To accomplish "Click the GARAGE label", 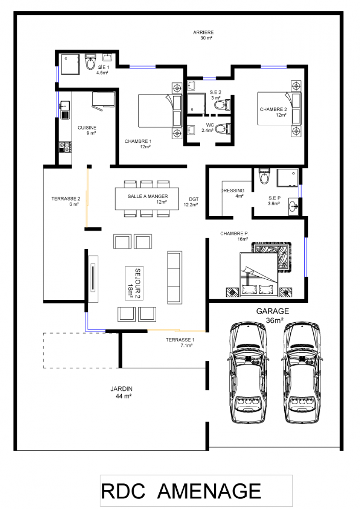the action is pyautogui.click(x=272, y=311).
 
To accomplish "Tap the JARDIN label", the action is pyautogui.click(x=121, y=388).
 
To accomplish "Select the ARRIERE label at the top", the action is pyautogui.click(x=203, y=33).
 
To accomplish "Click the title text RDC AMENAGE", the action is pyautogui.click(x=181, y=491).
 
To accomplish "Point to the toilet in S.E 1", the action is pyautogui.click(x=91, y=62).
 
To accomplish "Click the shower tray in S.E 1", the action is pyautogui.click(x=71, y=64).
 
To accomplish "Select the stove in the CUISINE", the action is pyautogui.click(x=65, y=147).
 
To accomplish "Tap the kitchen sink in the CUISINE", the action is pyautogui.click(x=65, y=110).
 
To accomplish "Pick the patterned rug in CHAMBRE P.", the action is pyautogui.click(x=272, y=256).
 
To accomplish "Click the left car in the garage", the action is pyautogui.click(x=249, y=372).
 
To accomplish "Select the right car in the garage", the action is pyautogui.click(x=302, y=372).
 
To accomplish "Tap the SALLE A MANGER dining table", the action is pyautogui.click(x=147, y=199).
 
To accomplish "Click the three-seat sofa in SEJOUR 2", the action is pyautogui.click(x=175, y=278).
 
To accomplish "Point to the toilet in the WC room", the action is pyautogui.click(x=223, y=129).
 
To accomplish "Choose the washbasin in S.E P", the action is pyautogui.click(x=294, y=206).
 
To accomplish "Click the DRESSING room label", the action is pyautogui.click(x=232, y=191).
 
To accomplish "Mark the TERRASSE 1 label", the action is pyautogui.click(x=180, y=340).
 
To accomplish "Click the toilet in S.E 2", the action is pyautogui.click(x=222, y=105).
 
